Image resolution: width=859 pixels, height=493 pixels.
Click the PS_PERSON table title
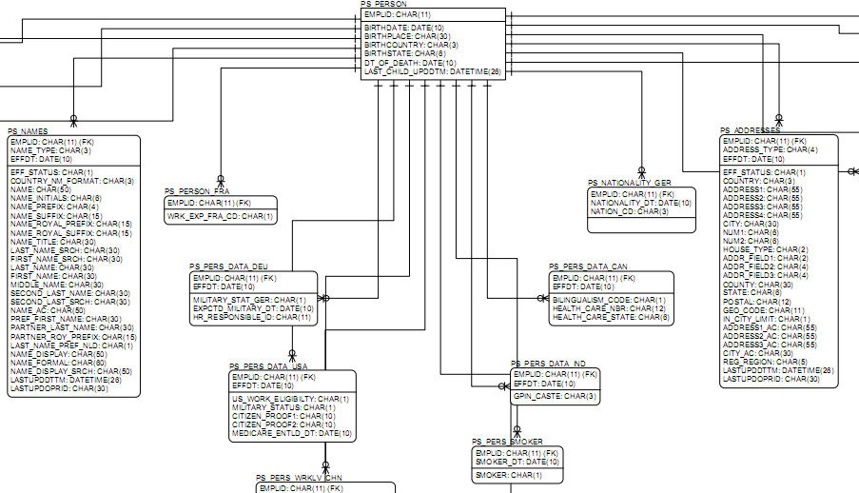pyautogui.click(x=383, y=5)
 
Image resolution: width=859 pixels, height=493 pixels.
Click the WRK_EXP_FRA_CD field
pyautogui.click(x=220, y=217)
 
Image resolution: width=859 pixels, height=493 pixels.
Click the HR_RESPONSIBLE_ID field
pyautogui.click(x=252, y=317)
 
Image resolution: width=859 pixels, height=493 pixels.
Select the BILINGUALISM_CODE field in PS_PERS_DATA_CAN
pyautogui.click(x=609, y=300)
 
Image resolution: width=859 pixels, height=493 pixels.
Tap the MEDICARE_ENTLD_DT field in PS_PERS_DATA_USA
pyautogui.click(x=291, y=433)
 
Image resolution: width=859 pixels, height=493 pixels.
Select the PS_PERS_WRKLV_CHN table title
pyautogui.click(x=298, y=478)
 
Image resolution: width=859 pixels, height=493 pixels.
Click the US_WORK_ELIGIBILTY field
pyautogui.click(x=290, y=399)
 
